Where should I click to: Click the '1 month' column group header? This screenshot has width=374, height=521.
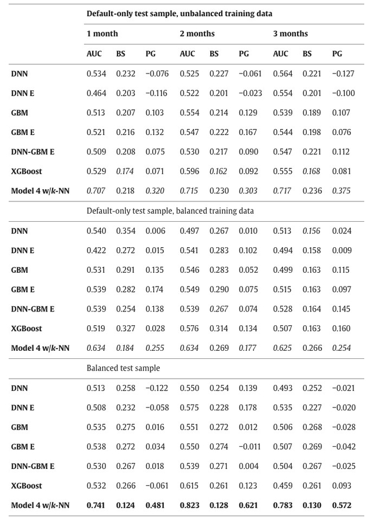(102, 34)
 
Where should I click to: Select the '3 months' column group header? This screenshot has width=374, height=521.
(290, 34)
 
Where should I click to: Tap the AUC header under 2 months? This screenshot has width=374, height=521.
(187, 54)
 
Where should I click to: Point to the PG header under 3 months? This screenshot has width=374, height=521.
(337, 54)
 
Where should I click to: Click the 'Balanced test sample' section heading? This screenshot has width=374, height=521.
(123, 368)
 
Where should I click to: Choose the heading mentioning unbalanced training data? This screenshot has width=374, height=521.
(179, 13)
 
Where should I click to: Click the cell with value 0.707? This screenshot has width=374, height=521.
(96, 191)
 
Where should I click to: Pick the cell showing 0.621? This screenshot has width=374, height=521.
(248, 505)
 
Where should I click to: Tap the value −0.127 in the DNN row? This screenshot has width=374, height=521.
(343, 74)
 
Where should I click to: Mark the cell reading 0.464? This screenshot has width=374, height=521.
(96, 93)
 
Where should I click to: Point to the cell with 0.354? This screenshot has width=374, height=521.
(126, 231)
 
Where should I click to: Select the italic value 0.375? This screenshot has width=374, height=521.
(342, 191)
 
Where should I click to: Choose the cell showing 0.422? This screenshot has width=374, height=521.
(96, 251)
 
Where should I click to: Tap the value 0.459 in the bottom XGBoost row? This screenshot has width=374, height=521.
(283, 486)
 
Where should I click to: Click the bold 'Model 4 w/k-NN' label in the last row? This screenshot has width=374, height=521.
(40, 505)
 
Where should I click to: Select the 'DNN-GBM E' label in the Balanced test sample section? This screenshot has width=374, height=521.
(32, 466)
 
